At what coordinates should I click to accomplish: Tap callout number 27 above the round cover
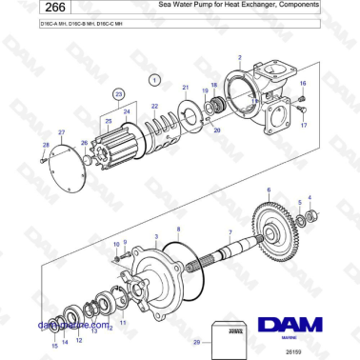(61, 131)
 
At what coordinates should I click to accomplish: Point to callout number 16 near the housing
(303, 83)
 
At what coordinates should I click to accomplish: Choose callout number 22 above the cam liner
(153, 107)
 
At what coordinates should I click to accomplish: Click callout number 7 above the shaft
(230, 232)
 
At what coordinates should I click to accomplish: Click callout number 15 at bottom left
(54, 345)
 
